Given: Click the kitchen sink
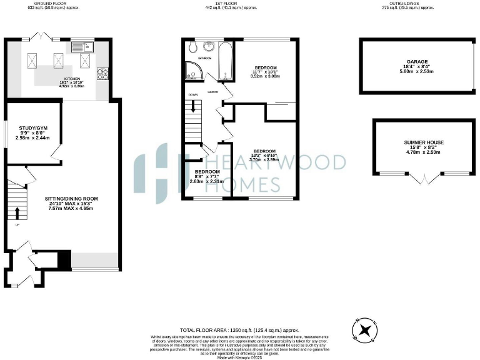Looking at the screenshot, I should click(x=79, y=46).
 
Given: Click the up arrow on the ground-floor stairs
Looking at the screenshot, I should click(x=17, y=212).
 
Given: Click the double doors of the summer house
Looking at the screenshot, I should click(x=423, y=179).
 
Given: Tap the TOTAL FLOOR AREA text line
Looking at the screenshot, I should click(x=239, y=329).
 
